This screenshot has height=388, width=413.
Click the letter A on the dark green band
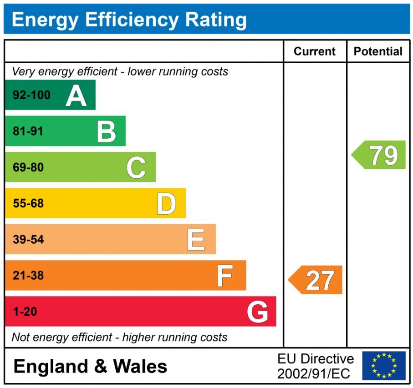pyautogui.click(x=76, y=96)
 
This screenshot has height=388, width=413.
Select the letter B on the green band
pyautogui.click(x=107, y=132)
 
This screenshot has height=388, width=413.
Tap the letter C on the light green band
pyautogui.click(x=136, y=168)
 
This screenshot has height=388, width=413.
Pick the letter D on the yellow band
pyautogui.click(x=166, y=204)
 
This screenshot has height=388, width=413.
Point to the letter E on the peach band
pyautogui.click(x=196, y=240)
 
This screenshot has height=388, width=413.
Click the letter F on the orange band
pyautogui.click(x=224, y=276)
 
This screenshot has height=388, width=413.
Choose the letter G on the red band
pyautogui.click(x=257, y=312)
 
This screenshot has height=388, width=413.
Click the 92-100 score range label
pyautogui.click(x=31, y=96)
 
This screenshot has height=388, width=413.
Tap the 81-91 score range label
pyautogui.click(x=28, y=132)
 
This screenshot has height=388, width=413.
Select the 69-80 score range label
pyautogui.click(x=28, y=168)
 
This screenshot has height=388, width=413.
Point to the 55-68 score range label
pyautogui.click(x=28, y=204)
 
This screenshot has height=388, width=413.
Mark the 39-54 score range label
pyautogui.click(x=28, y=240)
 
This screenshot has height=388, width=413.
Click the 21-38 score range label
pyautogui.click(x=28, y=276)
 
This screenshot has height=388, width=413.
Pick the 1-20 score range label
pyautogui.click(x=25, y=312)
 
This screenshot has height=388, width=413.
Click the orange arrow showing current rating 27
pyautogui.click(x=316, y=280)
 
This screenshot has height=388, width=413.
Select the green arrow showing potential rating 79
pyautogui.click(x=379, y=155)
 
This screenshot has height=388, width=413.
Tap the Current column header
pyautogui.click(x=315, y=51)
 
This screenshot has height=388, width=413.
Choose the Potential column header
pyautogui.click(x=378, y=51)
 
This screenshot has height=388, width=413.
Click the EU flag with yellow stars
pyautogui.click(x=384, y=366)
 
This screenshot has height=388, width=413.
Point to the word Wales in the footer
pyautogui.click(x=140, y=366)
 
